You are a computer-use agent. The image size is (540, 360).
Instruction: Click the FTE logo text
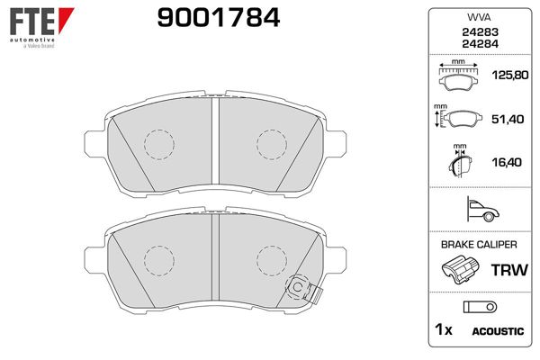[31, 19]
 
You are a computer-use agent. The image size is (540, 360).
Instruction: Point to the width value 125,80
[506, 78]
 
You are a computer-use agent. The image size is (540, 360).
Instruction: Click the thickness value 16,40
[506, 162]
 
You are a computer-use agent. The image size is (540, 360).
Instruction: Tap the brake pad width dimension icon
[460, 77]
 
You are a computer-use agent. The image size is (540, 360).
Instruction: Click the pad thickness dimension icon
[460, 162]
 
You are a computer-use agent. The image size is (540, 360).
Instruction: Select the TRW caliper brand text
[506, 269]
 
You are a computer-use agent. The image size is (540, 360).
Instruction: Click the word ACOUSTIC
[498, 331]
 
